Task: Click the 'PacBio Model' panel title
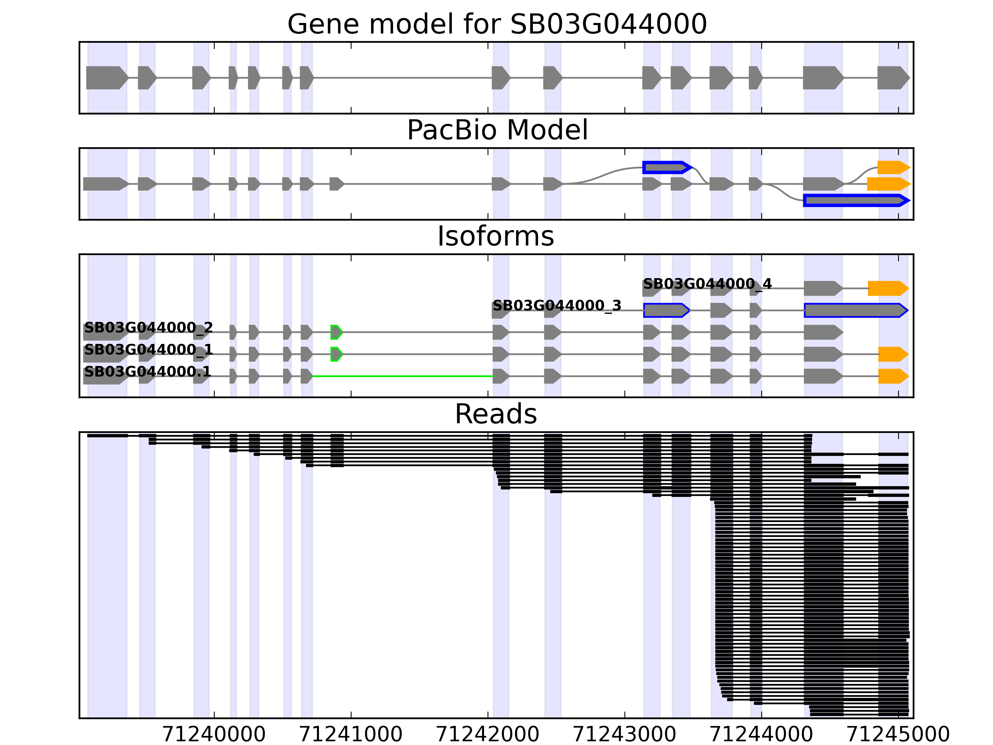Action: point(497,130)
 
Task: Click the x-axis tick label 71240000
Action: point(214,734)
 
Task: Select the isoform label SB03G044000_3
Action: point(557,306)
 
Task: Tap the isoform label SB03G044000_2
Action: point(148,328)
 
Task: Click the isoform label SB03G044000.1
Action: point(147,372)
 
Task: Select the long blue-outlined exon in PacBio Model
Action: point(855,200)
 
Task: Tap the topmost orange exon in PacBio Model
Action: point(892,168)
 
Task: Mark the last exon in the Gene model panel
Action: point(892,78)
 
